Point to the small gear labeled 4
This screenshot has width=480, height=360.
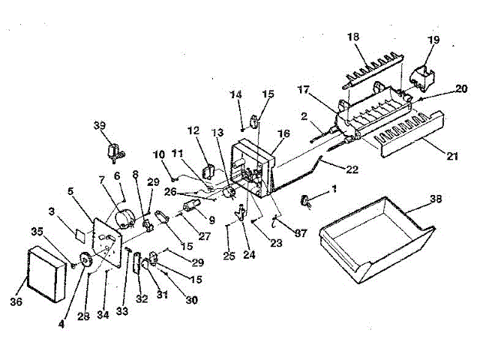tap(84, 262)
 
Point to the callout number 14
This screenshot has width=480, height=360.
tap(235, 94)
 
